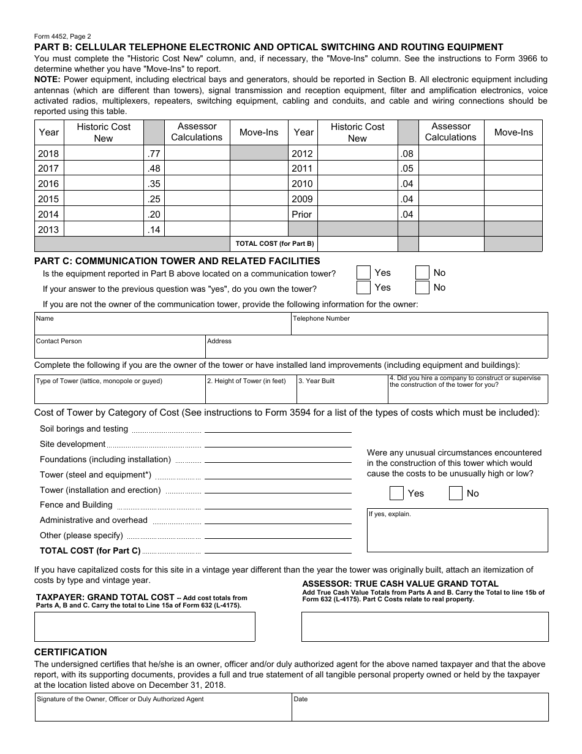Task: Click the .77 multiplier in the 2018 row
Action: (x=154, y=154)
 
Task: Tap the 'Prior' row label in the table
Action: (x=302, y=215)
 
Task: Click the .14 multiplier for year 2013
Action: (x=154, y=230)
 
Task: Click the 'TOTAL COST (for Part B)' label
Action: (x=274, y=244)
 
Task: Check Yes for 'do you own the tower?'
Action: (x=363, y=288)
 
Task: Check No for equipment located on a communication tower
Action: (x=422, y=273)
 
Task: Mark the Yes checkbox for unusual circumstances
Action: (x=397, y=493)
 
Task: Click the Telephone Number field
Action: (x=419, y=324)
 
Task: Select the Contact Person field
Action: (x=119, y=347)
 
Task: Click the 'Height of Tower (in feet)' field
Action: (x=251, y=390)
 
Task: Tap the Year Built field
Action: (x=342, y=390)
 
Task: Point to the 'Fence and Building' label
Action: (x=76, y=505)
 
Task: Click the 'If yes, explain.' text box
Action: (x=457, y=531)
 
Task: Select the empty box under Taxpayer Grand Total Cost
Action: (x=145, y=626)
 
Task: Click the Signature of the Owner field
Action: (x=163, y=707)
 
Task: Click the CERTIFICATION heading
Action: (x=70, y=652)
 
